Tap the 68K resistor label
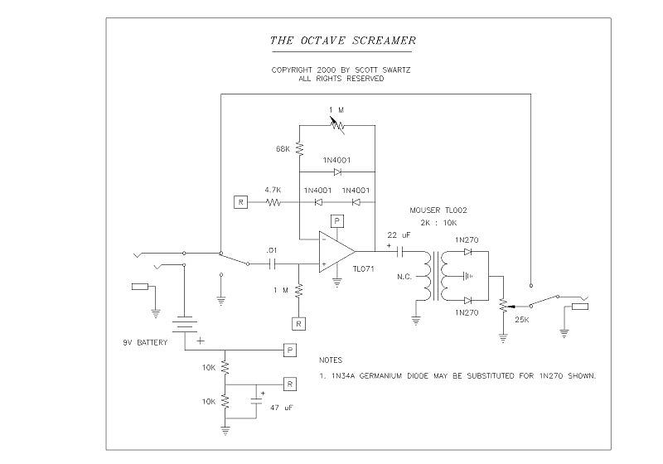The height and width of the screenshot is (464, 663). [x=283, y=149]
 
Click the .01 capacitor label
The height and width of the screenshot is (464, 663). [x=271, y=250]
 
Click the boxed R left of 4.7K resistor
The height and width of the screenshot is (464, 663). [x=240, y=202]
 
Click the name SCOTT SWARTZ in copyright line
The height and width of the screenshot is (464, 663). [x=379, y=70]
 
